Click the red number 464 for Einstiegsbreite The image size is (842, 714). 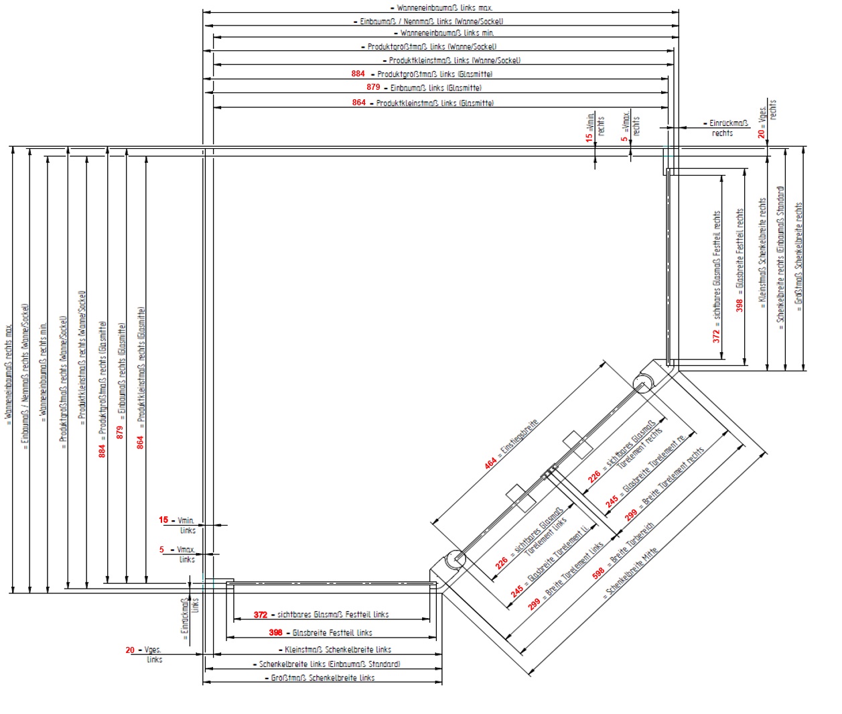pos(490,462)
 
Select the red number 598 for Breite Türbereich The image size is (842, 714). pos(598,572)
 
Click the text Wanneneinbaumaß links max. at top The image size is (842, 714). pos(445,8)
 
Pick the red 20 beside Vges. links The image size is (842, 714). pos(130,650)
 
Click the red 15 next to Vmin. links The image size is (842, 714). pos(163,520)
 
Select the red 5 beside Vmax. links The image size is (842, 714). pos(161,550)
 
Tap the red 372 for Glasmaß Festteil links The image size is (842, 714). pos(261,615)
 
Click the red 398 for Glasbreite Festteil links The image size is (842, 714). pos(275,632)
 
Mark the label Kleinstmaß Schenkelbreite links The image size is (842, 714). pos(338,650)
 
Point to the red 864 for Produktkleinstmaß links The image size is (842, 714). pos(359,103)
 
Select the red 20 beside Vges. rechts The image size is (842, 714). pos(761,133)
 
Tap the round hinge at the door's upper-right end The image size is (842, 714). pos(642,385)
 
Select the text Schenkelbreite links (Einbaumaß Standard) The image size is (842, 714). pos(330,664)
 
